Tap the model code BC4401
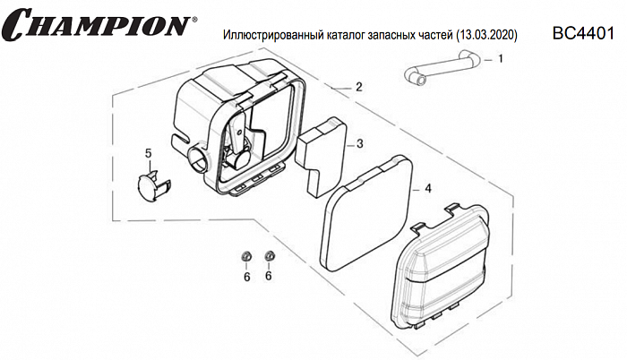583,34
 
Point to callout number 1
500,59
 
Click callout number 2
358,88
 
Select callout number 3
358,143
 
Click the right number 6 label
268,277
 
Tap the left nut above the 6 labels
245,258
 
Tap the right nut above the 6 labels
268,258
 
